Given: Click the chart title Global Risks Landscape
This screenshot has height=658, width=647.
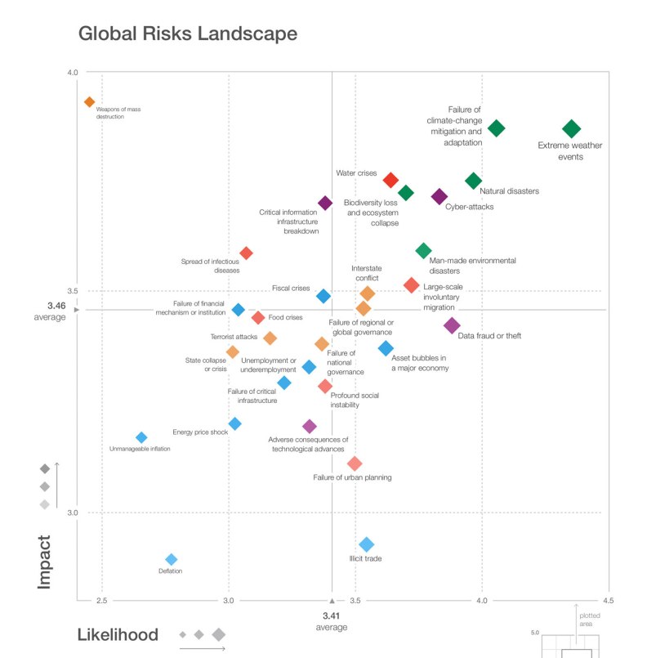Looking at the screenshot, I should point(187,34).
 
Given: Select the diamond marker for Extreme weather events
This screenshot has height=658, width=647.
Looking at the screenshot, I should point(571,128).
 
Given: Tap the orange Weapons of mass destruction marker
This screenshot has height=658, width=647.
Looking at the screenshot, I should point(90,102).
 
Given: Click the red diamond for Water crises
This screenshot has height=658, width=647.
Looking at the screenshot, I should point(390,180).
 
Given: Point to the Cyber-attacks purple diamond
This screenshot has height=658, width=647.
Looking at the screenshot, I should point(440,197).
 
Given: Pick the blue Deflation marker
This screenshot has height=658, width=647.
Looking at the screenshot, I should point(172,559).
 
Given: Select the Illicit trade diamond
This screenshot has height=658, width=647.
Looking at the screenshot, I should point(367,544).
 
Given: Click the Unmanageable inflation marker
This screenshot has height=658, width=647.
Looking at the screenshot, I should point(141,438).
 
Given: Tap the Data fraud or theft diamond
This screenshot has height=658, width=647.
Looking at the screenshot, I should point(452,325).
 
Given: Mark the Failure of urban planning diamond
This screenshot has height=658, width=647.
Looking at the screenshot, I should point(355,463).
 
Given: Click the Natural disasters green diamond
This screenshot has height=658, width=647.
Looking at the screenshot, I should point(474,181).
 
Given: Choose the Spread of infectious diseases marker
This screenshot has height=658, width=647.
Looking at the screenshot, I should point(246,253).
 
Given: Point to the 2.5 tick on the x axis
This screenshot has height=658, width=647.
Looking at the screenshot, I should point(102,602).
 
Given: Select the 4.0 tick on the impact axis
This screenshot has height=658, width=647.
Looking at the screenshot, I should point(72,73).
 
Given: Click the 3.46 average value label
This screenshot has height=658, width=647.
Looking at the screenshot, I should point(56,306).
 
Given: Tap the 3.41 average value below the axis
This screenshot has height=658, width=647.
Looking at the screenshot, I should point(331,615).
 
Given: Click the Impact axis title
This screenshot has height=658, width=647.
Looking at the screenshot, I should point(44,562).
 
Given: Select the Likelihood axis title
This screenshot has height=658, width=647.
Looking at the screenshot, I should point(118,635).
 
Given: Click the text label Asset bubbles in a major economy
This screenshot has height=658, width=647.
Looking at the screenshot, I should point(419,363).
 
